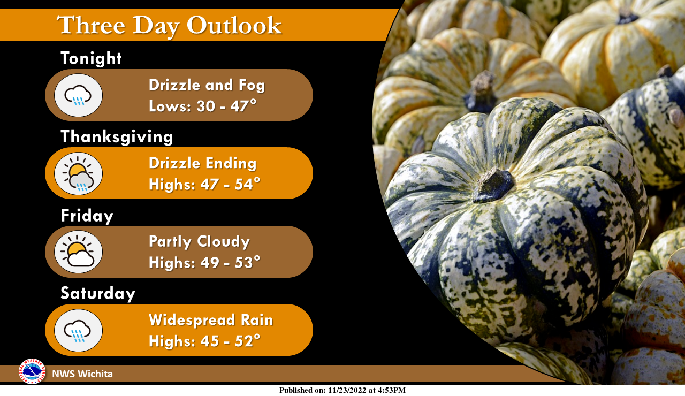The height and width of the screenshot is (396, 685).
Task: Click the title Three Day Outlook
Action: click(x=169, y=26)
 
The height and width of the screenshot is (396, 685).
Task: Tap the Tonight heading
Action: click(x=91, y=58)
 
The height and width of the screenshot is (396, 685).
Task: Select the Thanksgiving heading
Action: click(x=117, y=136)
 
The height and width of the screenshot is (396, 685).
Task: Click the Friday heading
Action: click(x=87, y=216)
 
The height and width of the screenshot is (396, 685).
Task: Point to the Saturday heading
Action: click(x=98, y=294)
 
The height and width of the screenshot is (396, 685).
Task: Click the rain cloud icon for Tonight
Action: click(x=78, y=95)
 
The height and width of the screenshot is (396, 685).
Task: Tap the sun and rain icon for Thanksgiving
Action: click(x=78, y=173)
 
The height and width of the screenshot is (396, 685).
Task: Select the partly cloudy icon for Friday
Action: click(x=78, y=252)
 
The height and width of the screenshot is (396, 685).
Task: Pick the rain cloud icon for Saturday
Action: click(x=78, y=330)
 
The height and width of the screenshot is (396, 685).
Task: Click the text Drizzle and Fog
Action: click(x=207, y=85)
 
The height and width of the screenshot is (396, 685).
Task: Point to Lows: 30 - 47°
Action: click(x=202, y=106)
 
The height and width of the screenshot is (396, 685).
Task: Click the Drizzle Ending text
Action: click(x=202, y=163)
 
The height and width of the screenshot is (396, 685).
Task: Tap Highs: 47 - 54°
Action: click(x=204, y=185)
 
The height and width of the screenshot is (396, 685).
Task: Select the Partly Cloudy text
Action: click(x=199, y=241)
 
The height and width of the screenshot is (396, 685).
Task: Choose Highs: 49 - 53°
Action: click(x=204, y=263)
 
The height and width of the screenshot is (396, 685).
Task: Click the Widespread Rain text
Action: click(x=211, y=320)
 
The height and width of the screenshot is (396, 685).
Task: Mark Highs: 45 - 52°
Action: click(x=204, y=341)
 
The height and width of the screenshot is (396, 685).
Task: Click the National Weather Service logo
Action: click(x=32, y=371)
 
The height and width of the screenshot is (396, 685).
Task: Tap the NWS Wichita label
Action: click(x=82, y=374)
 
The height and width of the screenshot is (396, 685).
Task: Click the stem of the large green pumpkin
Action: click(x=493, y=185)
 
